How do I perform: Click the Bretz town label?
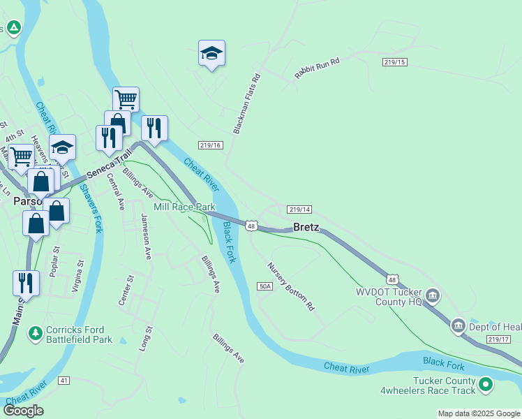click(x=306, y=227)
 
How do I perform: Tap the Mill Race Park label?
click(x=185, y=207)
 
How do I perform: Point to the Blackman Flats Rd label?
click(x=246, y=103)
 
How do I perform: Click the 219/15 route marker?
click(x=394, y=62)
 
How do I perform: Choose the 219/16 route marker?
click(x=210, y=145)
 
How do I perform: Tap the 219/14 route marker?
click(x=299, y=209)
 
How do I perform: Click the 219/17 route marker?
click(x=499, y=339)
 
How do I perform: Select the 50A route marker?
click(x=264, y=286)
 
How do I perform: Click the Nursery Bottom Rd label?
click(x=292, y=286)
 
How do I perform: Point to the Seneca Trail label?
click(x=110, y=165)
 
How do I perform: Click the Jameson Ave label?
click(x=147, y=236)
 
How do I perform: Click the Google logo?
click(x=23, y=411)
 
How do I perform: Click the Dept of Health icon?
click(x=458, y=325)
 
